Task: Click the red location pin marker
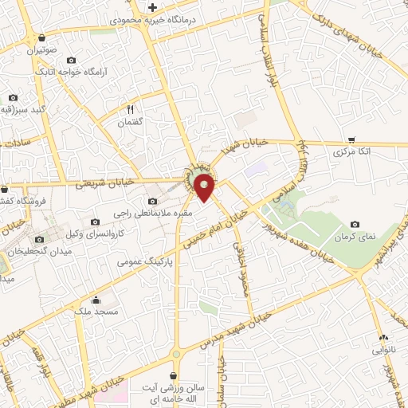(206, 188)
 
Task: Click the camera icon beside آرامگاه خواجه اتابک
(71, 60)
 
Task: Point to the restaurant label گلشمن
(128, 123)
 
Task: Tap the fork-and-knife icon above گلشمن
(131, 109)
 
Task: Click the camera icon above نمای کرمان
(355, 225)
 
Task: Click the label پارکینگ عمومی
(143, 261)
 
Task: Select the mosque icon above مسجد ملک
(96, 300)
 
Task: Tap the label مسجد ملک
(96, 312)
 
